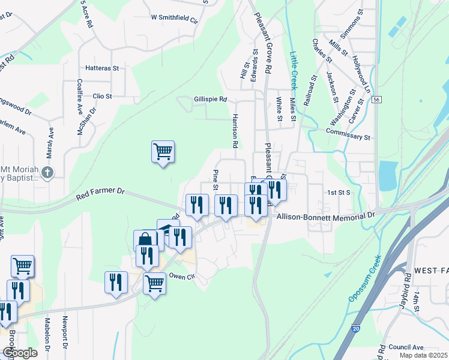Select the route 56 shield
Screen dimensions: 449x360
(376, 99)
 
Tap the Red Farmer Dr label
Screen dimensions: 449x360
(100, 193)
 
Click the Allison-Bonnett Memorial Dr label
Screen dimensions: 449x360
(324, 214)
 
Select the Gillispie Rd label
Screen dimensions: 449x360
(210, 100)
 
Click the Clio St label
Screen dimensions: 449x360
(102, 96)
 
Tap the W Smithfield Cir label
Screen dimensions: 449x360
(175, 19)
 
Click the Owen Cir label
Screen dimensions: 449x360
(182, 276)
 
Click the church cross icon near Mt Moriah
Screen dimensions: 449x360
(49, 173)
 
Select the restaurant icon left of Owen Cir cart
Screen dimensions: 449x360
(116, 281)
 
